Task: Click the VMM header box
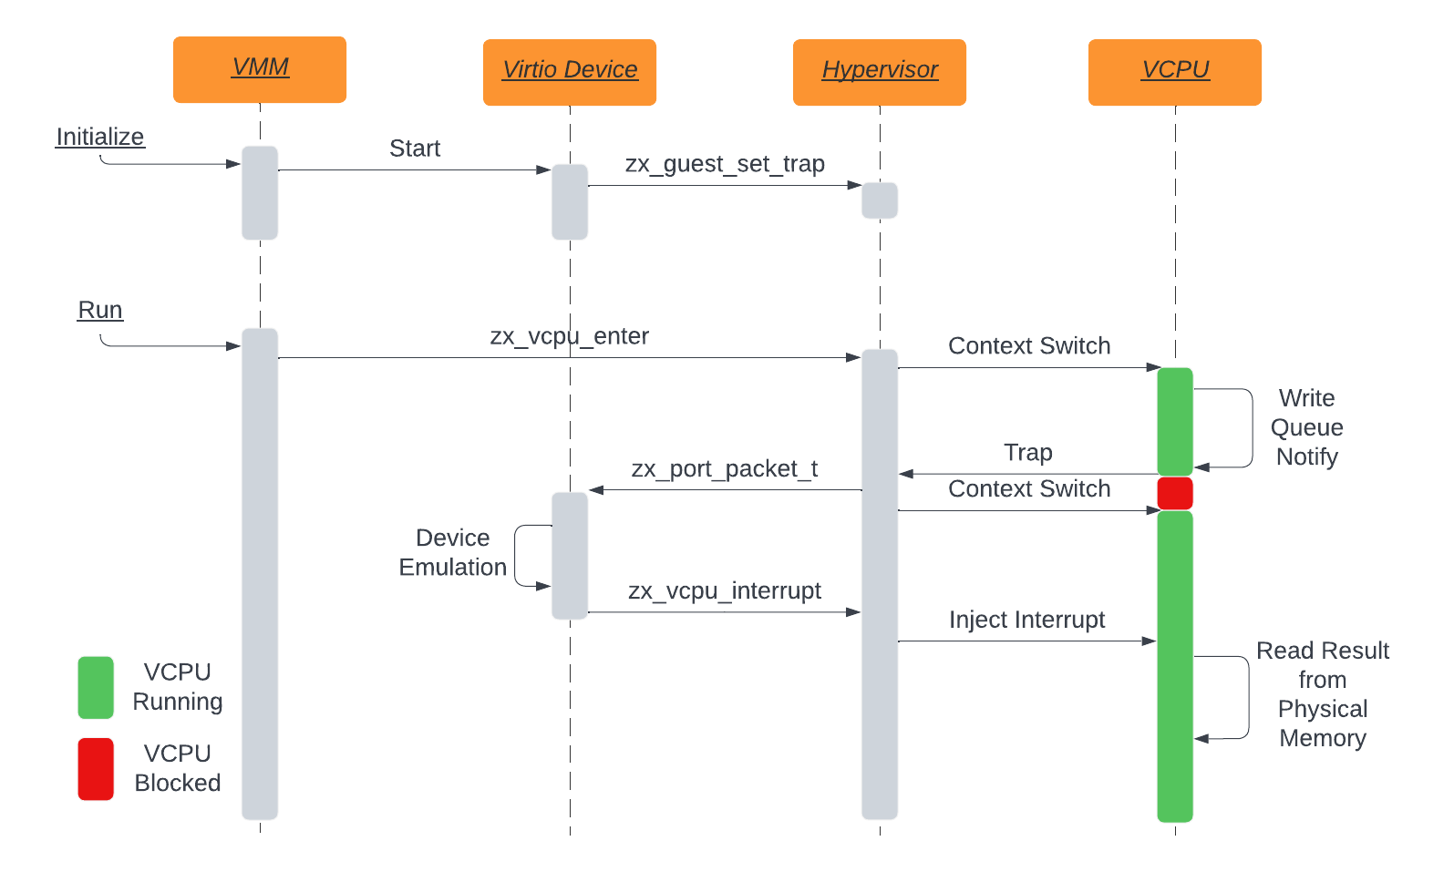260,69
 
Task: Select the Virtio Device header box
570,72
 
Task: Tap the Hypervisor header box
880,72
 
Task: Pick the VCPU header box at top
1175,72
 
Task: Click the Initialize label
100,137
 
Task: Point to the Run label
100,310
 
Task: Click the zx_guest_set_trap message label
725,164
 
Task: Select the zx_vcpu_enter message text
569,336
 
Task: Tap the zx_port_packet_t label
725,468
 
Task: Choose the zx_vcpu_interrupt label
725,590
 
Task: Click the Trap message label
1028,452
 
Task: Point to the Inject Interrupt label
1026,620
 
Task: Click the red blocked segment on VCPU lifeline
1175,493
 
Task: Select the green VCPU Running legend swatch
96,687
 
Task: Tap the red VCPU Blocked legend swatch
96,769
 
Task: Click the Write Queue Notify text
1306,427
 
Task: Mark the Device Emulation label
453,552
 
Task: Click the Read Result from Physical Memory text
1322,694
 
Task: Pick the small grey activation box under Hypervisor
880,200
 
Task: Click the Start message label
415,149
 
